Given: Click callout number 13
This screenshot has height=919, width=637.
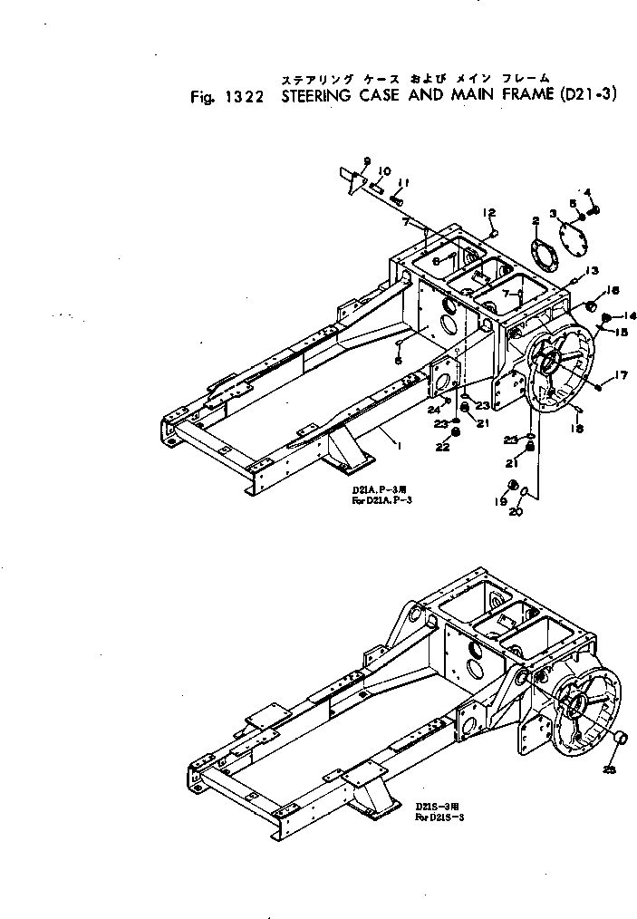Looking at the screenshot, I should click(x=591, y=270).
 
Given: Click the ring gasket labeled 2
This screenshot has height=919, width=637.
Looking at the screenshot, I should click(x=543, y=254).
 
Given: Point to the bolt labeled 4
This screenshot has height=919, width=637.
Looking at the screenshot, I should click(x=595, y=210).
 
